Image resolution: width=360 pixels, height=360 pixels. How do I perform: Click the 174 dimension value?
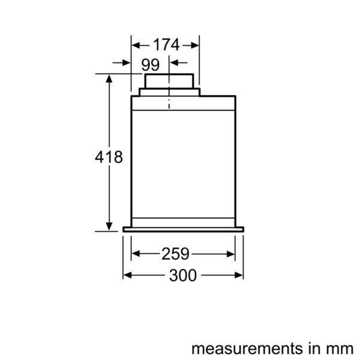[x=166, y=44]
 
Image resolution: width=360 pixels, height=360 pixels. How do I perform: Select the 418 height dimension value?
[x=109, y=157]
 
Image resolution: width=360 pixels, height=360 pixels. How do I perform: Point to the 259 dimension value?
[x=175, y=254]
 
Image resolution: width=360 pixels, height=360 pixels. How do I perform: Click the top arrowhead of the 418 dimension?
[x=109, y=79]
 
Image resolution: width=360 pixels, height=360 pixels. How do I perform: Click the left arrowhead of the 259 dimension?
[x=135, y=254]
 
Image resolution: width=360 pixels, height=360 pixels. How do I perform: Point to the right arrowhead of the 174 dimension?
[x=195, y=44]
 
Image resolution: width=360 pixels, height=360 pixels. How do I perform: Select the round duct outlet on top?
[x=169, y=82]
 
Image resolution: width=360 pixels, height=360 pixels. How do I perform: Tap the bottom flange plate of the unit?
[x=183, y=229]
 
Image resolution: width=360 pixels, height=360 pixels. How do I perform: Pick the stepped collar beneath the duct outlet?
[x=169, y=92]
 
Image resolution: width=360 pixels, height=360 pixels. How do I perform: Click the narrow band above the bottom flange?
[x=183, y=220]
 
